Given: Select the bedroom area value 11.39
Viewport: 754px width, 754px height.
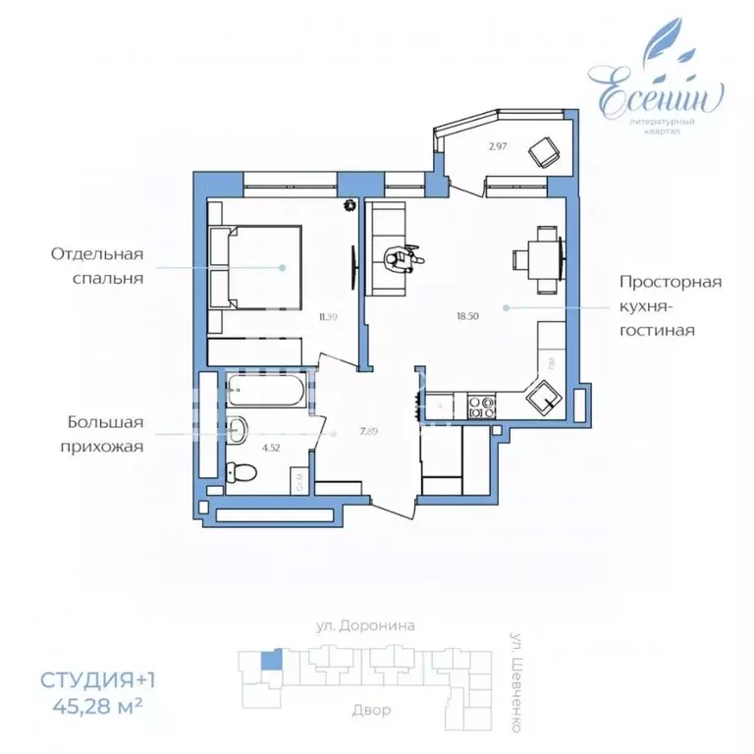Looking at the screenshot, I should tap(328, 316).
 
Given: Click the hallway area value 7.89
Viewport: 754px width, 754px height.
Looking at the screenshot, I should tap(343, 429).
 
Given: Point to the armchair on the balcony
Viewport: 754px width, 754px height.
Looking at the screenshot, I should tap(543, 150).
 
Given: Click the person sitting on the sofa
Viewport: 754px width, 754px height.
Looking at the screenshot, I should tap(402, 256).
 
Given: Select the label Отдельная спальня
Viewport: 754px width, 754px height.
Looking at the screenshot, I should tap(97, 265).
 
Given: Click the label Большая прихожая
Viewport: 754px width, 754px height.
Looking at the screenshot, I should tap(105, 434).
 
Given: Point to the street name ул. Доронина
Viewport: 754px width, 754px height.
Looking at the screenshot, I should tap(365, 624).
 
